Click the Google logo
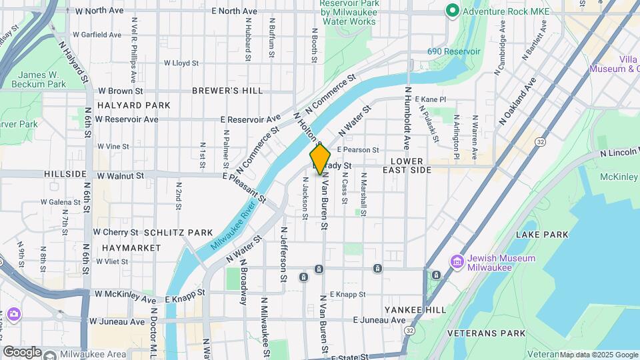pos(22,352)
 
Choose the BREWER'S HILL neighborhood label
pos(227,90)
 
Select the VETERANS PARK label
pos(486,333)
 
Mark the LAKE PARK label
pos(542,235)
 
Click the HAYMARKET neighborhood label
pos(131,247)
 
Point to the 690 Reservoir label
pos(453,51)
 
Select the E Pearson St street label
pos(358,150)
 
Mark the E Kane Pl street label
pos(430,99)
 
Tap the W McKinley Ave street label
pos(125,294)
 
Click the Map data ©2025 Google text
pos(599,355)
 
